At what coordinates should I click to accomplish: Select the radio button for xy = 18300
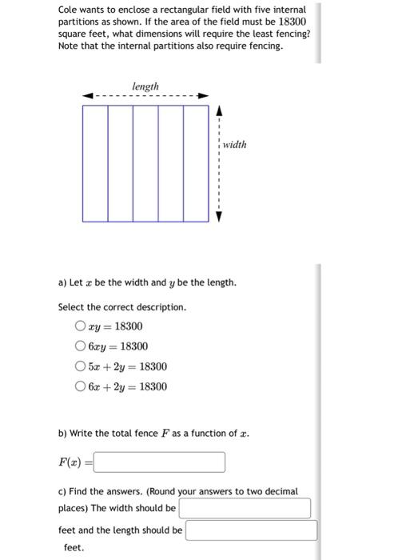(x=80, y=326)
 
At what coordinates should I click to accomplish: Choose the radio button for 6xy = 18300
(x=80, y=346)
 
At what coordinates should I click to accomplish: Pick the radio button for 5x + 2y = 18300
(x=80, y=366)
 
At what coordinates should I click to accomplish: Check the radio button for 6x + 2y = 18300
(x=80, y=386)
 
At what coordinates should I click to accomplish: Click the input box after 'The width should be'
(x=245, y=508)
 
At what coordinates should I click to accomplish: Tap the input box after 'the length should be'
(x=252, y=530)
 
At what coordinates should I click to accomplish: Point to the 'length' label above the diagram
(x=145, y=86)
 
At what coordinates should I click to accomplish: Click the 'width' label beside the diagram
(x=234, y=145)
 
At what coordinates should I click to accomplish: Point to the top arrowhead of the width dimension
(x=218, y=109)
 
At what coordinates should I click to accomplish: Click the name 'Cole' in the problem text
(x=69, y=10)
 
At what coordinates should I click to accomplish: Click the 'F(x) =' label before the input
(x=73, y=462)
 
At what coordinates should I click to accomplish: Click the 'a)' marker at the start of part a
(x=62, y=282)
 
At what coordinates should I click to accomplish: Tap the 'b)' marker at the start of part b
(x=62, y=433)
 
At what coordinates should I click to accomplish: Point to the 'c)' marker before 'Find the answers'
(x=62, y=490)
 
